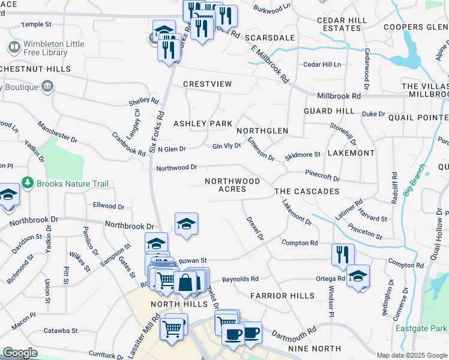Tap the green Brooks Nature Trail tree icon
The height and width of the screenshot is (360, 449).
point(26,182)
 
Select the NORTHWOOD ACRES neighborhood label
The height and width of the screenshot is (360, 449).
point(232,185)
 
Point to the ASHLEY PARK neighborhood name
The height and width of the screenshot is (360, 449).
point(202,124)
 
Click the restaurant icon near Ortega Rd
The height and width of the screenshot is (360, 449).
point(343,254)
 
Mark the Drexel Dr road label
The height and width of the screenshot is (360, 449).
point(255,229)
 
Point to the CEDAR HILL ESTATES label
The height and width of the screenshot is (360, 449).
point(342,24)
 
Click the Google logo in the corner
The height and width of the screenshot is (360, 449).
point(20,353)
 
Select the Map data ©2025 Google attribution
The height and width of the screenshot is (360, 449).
point(411,355)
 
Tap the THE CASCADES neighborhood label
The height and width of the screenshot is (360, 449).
point(307,191)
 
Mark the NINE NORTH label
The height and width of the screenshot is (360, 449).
point(315,349)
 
